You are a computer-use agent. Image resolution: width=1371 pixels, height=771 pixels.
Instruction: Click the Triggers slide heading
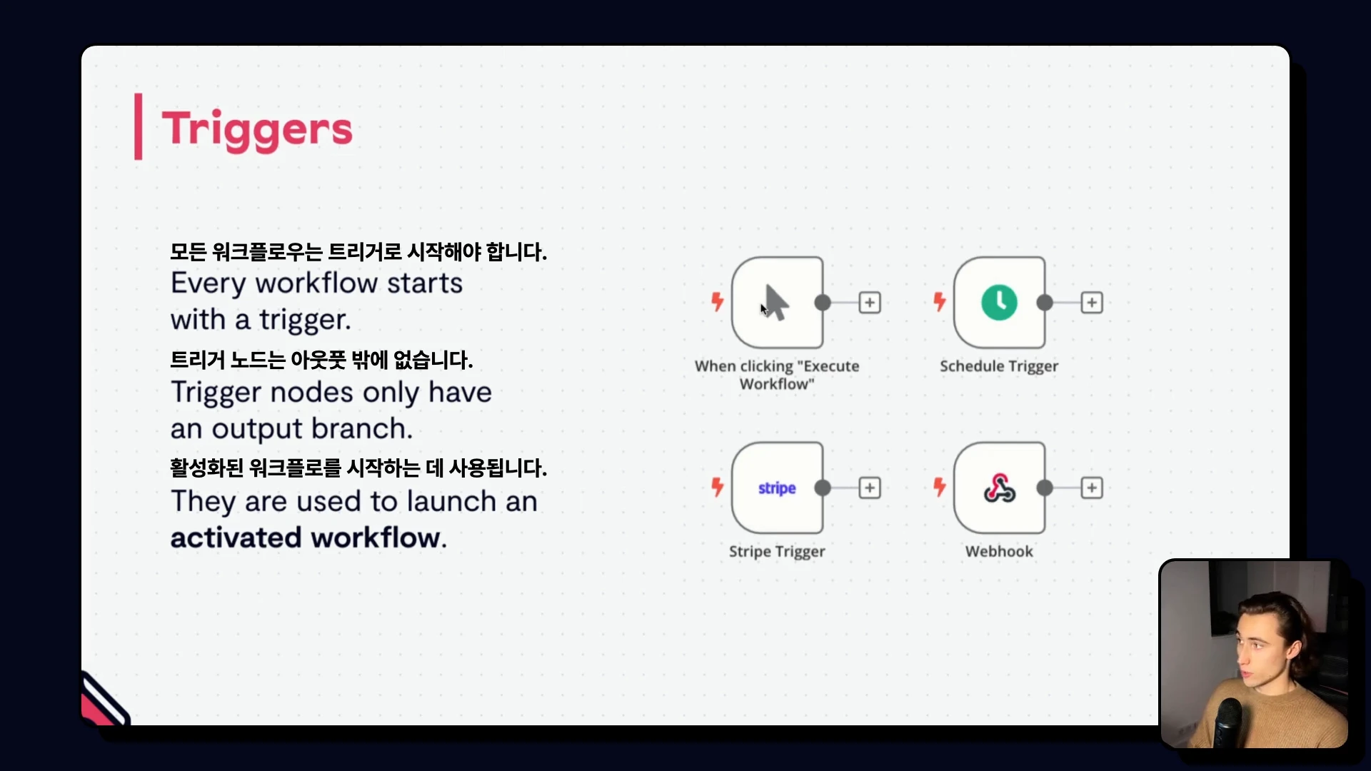(x=257, y=130)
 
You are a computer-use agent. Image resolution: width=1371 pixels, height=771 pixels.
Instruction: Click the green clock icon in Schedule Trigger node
(x=999, y=303)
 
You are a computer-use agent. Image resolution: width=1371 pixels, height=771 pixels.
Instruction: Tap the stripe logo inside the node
(x=777, y=488)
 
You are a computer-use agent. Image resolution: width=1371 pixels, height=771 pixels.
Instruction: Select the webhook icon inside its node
(x=999, y=488)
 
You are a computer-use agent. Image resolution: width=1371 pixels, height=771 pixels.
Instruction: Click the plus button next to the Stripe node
(x=870, y=488)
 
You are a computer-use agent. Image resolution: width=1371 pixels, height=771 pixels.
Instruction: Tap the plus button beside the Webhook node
(x=1092, y=488)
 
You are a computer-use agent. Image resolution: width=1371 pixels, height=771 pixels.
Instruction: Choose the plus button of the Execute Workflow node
(x=870, y=303)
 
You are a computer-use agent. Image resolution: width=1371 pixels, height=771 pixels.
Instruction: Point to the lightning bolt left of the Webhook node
(x=940, y=487)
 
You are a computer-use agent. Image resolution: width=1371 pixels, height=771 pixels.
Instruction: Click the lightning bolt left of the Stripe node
(x=718, y=487)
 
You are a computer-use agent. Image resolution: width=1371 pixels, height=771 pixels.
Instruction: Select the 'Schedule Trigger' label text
(x=999, y=366)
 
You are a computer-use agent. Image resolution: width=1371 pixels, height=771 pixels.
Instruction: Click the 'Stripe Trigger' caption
(x=777, y=552)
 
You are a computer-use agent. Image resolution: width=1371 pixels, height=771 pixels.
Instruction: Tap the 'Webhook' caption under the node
(x=999, y=551)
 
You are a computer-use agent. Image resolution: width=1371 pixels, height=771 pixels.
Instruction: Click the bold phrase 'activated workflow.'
(x=308, y=538)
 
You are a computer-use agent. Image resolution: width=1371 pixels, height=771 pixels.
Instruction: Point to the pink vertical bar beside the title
(x=139, y=126)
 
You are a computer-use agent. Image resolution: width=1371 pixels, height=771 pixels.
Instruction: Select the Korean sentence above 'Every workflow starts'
(x=358, y=252)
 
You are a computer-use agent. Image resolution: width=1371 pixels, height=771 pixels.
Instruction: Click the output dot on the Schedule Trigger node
(x=1045, y=303)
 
